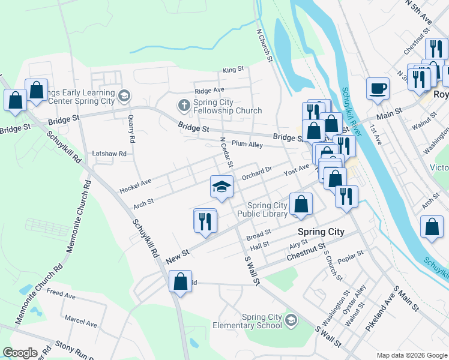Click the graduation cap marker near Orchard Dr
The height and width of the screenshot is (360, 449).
tap(221, 187)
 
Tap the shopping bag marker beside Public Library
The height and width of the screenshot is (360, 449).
tap(301, 205)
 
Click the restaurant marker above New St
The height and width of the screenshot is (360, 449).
tap(205, 221)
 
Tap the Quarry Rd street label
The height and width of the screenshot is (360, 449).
tap(131, 125)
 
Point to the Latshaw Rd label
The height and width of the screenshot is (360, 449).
tap(109, 154)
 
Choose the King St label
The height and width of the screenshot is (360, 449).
tap(233, 70)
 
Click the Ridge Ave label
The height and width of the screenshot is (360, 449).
tap(209, 90)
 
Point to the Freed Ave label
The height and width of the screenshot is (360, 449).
tap(61, 295)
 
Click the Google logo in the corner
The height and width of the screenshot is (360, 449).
tap(20, 353)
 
